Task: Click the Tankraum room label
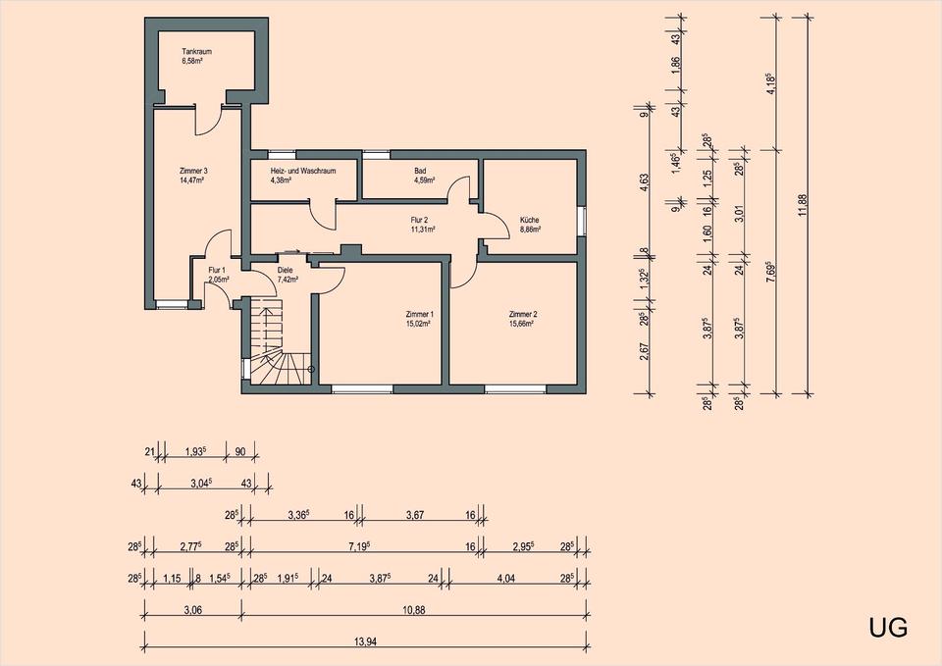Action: coord(196,52)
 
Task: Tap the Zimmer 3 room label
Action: coord(193,171)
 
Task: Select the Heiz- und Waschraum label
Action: coord(303,171)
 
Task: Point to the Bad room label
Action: coord(420,171)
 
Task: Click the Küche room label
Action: coord(529,221)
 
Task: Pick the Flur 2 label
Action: coord(419,221)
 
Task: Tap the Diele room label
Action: coord(285,271)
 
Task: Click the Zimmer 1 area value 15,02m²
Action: coord(419,323)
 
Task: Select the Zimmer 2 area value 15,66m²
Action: coord(521,323)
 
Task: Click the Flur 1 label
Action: coord(217,271)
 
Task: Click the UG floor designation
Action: coord(888,628)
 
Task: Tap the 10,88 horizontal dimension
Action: coord(413,610)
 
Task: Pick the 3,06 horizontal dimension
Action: coord(193,610)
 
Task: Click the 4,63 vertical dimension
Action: coord(644,183)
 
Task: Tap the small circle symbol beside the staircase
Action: coord(310,369)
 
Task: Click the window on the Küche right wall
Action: coord(581,221)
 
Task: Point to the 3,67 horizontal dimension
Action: coord(415,515)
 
